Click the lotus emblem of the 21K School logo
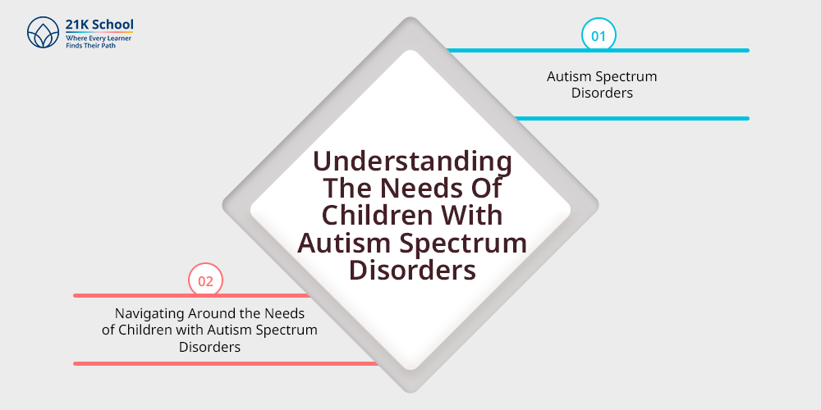(44, 33)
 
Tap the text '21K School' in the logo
(99, 25)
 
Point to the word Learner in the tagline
(121, 39)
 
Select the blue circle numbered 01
(599, 35)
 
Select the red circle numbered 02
(205, 280)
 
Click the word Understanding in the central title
(413, 162)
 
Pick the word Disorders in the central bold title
(413, 270)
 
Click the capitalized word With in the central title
(465, 215)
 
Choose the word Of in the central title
(488, 189)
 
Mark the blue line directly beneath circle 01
(598, 50)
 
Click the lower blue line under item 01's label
(632, 118)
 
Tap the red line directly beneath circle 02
(191, 295)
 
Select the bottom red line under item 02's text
(226, 363)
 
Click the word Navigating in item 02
(142, 314)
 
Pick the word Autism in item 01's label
(565, 76)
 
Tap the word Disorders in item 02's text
(209, 347)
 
